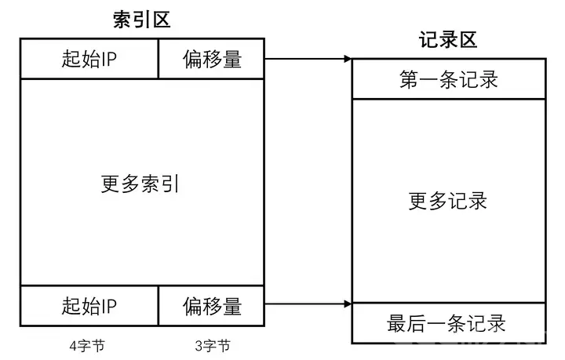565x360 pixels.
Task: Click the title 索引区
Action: click(x=141, y=20)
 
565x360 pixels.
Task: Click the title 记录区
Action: click(x=448, y=39)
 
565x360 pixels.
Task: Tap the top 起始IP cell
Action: click(x=89, y=59)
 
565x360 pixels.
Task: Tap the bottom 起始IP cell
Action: click(x=89, y=306)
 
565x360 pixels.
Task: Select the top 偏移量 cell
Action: click(x=212, y=59)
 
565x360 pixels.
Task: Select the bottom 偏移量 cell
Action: click(x=212, y=306)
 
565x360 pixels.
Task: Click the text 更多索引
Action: click(x=140, y=184)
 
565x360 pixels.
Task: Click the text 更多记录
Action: click(x=448, y=201)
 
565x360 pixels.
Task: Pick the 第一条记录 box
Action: click(x=449, y=79)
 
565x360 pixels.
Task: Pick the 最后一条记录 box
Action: click(x=449, y=323)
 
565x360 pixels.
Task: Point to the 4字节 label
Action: click(x=87, y=346)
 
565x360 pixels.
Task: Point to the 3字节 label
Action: click(x=213, y=346)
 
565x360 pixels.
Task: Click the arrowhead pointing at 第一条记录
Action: click(x=348, y=59)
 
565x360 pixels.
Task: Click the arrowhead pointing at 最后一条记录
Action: click(x=348, y=304)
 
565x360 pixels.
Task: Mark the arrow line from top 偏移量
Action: click(x=308, y=59)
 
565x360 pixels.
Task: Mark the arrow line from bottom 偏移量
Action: click(x=308, y=304)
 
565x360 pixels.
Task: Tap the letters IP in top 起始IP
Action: click(x=109, y=59)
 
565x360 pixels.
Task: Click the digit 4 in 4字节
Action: click(x=73, y=347)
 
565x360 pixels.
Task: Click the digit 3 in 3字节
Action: click(x=199, y=347)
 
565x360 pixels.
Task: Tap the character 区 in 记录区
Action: click(x=468, y=39)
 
